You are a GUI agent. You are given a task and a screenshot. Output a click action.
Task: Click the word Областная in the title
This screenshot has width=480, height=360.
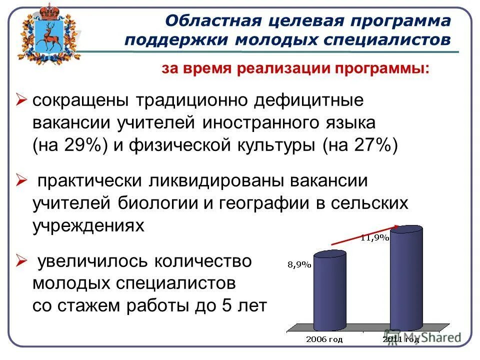(x=208, y=22)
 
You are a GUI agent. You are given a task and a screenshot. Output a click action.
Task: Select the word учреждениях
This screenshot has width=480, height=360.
(x=88, y=226)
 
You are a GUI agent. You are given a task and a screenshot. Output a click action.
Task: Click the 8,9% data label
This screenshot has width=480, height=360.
(x=299, y=265)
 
